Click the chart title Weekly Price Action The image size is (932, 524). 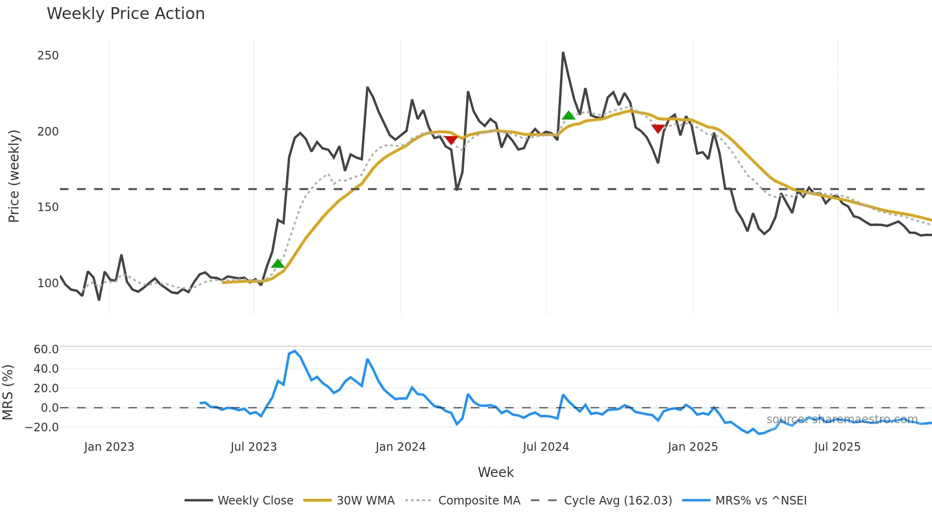pos(126,14)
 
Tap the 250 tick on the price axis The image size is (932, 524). pos(48,56)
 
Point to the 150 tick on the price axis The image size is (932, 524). pos(48,207)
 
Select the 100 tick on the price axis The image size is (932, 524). pos(48,283)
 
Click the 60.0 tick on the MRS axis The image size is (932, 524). pos(46,349)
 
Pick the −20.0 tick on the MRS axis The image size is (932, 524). pos(42,427)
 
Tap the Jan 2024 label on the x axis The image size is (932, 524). pos(400,447)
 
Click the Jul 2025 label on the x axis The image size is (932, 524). pos(837,447)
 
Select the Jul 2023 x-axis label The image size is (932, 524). pos(253,447)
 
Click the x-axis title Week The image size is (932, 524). pos(495,472)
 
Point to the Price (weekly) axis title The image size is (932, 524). pos(14,176)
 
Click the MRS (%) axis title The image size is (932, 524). pos(8,392)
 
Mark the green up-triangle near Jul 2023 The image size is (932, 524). pos(278,264)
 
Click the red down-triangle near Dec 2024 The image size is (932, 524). pos(658,128)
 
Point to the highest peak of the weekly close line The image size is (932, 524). pos(563,53)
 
